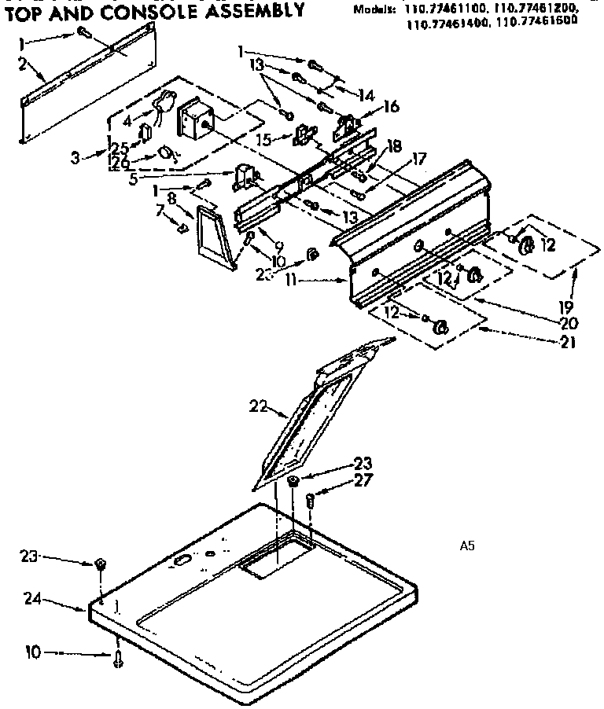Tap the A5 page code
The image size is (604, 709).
466,545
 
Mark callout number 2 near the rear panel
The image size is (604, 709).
24,64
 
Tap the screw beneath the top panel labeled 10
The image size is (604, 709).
118,659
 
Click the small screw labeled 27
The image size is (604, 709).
310,498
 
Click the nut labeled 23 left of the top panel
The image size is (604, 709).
100,563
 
